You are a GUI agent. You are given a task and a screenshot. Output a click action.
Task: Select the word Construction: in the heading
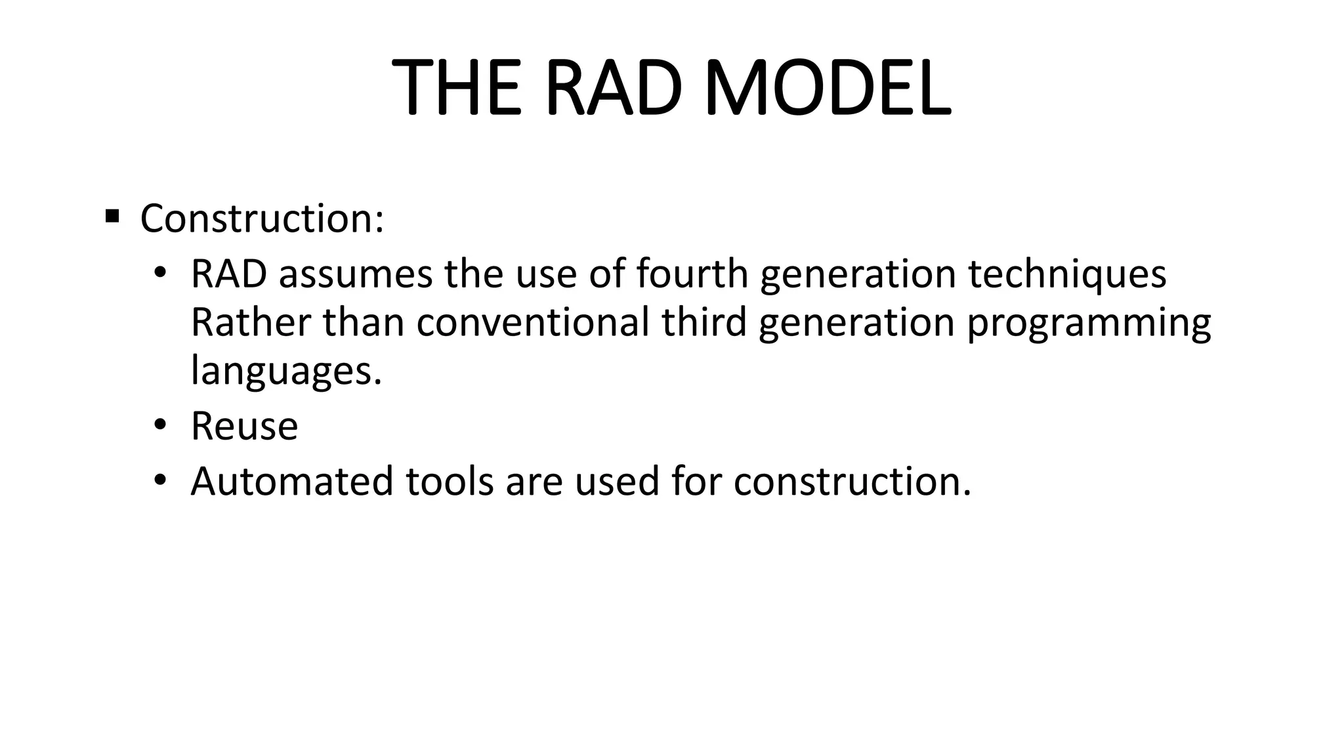coord(262,219)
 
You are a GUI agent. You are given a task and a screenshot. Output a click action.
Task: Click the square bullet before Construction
coord(112,215)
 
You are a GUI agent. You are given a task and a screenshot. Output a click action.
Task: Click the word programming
coord(1089,324)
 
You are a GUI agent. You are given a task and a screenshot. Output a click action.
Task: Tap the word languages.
coord(286,371)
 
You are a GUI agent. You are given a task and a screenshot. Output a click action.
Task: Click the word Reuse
coord(244,426)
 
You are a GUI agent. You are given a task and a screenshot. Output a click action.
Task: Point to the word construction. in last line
coord(852,481)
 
